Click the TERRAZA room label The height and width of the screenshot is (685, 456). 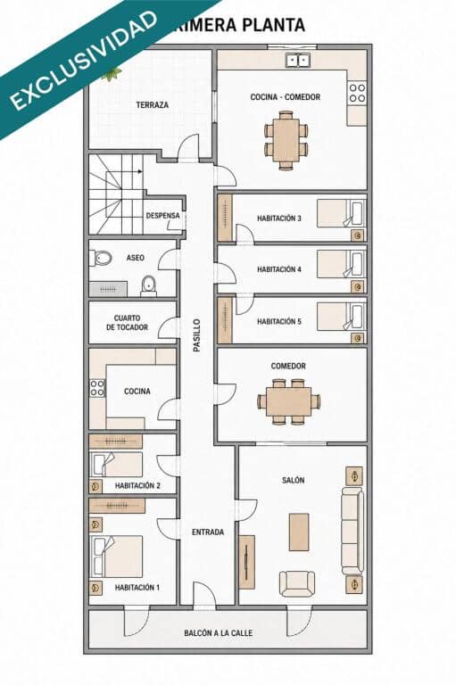[152, 105]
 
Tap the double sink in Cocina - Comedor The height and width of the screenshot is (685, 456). [298, 60]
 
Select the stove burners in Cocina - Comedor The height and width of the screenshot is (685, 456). [357, 93]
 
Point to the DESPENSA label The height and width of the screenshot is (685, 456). [162, 216]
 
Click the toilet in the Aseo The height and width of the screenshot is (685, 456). [101, 258]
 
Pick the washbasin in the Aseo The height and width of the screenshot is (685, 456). [149, 285]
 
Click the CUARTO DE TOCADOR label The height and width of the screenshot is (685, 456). [127, 323]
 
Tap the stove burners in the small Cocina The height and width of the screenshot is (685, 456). [97, 388]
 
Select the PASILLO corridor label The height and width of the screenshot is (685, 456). [197, 335]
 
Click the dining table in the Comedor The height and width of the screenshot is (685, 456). [288, 401]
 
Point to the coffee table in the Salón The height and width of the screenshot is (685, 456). [299, 532]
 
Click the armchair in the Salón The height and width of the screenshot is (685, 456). [297, 583]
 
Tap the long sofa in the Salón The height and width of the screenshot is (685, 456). [352, 532]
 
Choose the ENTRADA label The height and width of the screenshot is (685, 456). [208, 532]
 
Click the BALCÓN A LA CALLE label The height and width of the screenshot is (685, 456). [218, 633]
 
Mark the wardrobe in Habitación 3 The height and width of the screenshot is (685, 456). [225, 218]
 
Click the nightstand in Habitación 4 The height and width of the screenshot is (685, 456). [358, 286]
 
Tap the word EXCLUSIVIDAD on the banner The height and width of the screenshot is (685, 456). [83, 61]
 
